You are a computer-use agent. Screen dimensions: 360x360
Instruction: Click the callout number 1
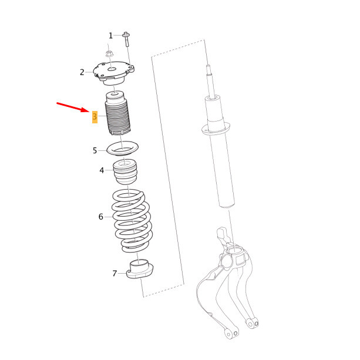coord(110,36)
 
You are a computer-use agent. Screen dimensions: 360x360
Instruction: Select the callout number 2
coord(82,72)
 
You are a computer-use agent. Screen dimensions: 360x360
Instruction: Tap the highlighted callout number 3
coord(95,117)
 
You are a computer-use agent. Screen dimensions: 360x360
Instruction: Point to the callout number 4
coord(102,170)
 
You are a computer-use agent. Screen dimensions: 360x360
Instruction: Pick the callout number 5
coord(95,150)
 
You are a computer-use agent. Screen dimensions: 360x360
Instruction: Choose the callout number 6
coord(101,217)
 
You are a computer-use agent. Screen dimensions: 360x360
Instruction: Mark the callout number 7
coord(115,273)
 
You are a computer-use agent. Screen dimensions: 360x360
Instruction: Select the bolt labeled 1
coord(126,40)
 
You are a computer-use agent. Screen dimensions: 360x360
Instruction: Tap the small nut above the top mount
coord(110,55)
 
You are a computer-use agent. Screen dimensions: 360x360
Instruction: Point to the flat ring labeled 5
coord(122,148)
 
